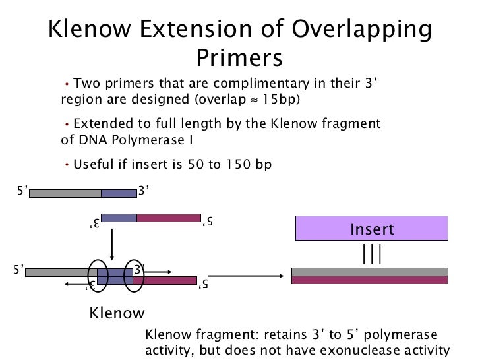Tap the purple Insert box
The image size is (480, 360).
371,229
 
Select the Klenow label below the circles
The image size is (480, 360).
117,313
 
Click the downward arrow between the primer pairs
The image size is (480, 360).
113,244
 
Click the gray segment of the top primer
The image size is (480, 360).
65,193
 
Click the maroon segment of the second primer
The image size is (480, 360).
168,218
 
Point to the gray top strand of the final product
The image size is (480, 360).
369,271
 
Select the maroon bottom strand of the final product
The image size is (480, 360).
369,280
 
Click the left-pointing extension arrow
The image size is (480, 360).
75,284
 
